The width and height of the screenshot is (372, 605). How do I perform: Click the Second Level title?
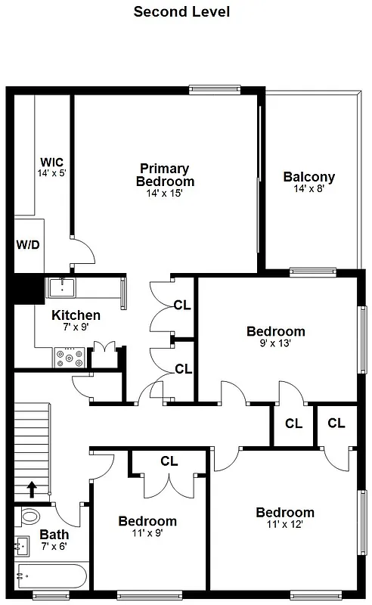click(x=181, y=11)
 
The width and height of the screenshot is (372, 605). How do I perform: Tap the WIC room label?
click(x=52, y=162)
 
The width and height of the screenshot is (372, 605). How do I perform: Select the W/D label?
click(x=29, y=244)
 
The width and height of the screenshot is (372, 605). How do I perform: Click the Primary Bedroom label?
click(x=165, y=175)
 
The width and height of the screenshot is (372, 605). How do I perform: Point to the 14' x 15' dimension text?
click(x=165, y=194)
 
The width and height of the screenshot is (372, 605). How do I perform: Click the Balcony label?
click(x=308, y=177)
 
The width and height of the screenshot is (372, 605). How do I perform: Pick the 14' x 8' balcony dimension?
click(x=308, y=189)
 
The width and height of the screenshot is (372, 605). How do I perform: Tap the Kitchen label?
click(x=76, y=315)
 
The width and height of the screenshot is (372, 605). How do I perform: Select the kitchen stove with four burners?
click(x=70, y=358)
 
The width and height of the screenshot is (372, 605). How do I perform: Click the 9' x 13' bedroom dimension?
click(x=276, y=343)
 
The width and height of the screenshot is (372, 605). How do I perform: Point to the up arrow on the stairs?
click(x=33, y=490)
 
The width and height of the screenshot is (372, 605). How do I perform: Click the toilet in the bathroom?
click(x=31, y=518)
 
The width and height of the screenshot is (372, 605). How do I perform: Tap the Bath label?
click(x=54, y=535)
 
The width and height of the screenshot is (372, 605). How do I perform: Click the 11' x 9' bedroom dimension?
click(x=147, y=533)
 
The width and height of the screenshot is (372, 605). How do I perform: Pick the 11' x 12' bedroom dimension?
click(x=284, y=525)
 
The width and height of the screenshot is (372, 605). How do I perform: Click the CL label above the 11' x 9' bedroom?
click(x=169, y=461)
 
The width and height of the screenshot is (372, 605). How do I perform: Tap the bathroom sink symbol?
click(x=22, y=544)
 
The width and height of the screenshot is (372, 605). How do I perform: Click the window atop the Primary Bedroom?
click(x=215, y=89)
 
